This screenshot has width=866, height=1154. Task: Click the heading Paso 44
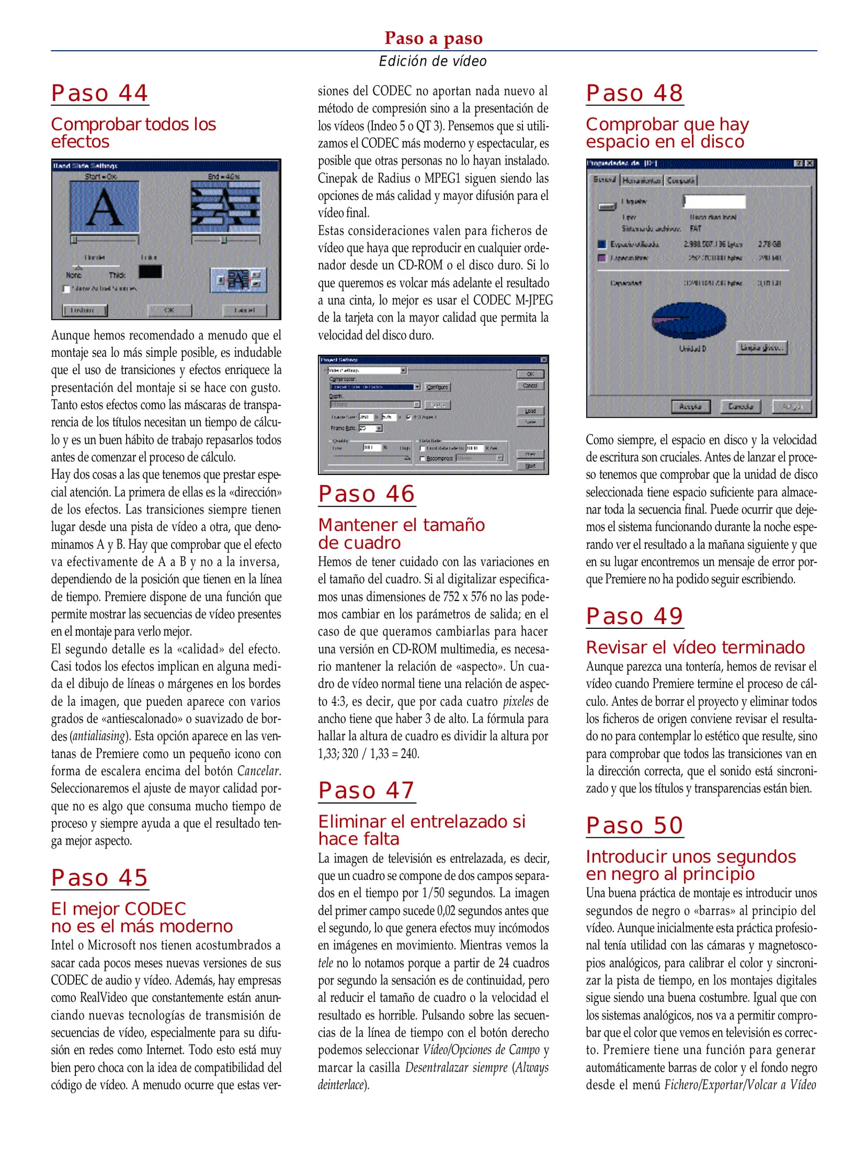coord(99,93)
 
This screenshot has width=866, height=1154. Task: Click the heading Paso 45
coord(99,878)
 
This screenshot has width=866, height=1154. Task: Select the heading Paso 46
coord(366,494)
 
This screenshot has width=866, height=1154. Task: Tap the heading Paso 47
coord(366,791)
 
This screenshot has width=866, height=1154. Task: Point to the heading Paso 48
coord(634,93)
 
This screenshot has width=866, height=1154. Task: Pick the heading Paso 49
coord(634,617)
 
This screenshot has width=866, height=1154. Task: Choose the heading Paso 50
coord(634,826)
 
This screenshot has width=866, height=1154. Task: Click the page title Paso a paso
coord(433,38)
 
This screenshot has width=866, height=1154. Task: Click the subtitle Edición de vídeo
coord(433,61)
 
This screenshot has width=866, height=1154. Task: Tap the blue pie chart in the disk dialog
coord(689,321)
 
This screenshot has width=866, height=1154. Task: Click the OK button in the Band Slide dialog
coord(169,310)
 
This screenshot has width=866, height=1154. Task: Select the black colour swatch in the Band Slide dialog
coord(150,272)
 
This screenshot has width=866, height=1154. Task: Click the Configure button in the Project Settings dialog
coord(438,387)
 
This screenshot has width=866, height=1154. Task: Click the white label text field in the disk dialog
coord(714,201)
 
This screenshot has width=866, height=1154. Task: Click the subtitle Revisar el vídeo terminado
coord(695,648)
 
